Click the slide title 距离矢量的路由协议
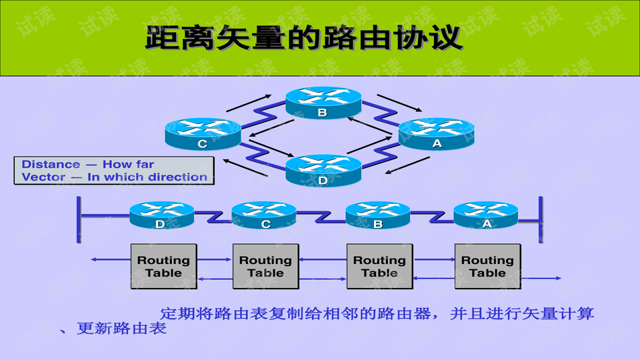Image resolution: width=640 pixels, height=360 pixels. [304, 37]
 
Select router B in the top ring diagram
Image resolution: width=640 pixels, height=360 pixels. [323, 103]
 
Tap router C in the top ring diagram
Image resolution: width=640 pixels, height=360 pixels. [203, 133]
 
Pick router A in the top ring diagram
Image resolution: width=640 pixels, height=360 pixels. [437, 133]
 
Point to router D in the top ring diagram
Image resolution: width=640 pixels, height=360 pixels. [323, 170]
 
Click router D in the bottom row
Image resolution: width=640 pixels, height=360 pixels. [161, 215]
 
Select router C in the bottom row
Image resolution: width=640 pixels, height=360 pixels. [264, 215]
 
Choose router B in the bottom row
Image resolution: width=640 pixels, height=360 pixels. [378, 215]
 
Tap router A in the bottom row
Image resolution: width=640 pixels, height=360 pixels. [486, 215]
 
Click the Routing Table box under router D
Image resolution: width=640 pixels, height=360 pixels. [163, 266]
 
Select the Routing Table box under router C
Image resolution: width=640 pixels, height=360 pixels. [265, 266]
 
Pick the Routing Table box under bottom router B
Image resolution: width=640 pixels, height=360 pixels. [379, 266]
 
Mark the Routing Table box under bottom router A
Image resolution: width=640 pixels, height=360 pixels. [487, 266]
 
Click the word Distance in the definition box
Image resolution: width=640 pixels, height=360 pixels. [51, 165]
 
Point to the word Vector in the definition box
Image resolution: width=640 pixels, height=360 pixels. [43, 177]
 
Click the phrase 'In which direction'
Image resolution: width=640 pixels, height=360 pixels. [147, 177]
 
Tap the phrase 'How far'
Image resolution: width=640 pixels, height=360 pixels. [128, 165]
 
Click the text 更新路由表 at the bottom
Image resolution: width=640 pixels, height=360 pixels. [121, 329]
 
